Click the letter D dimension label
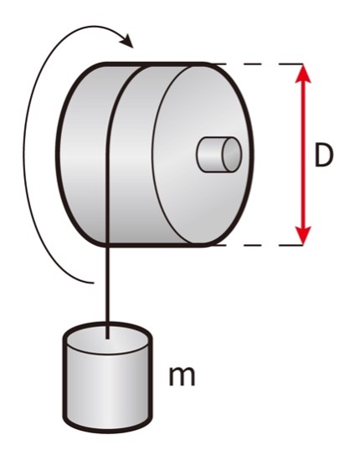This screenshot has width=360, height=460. click(x=324, y=155)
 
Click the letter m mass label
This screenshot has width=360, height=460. click(x=182, y=376)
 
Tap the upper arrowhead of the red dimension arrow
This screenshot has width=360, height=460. click(x=303, y=74)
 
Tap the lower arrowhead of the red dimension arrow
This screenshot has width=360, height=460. click(x=303, y=234)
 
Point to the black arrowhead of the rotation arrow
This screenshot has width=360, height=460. click(x=127, y=41)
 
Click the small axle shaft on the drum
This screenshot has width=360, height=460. click(x=219, y=155)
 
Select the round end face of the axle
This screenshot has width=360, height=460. click(x=232, y=155)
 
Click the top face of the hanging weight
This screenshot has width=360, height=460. click(x=107, y=338)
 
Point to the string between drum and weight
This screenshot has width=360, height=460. click(x=107, y=289)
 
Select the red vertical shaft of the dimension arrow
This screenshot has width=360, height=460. click(x=303, y=155)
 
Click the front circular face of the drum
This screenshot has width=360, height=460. click(x=203, y=155)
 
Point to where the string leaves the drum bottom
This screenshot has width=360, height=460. click(x=107, y=245)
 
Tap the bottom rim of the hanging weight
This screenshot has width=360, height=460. click(x=107, y=427)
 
